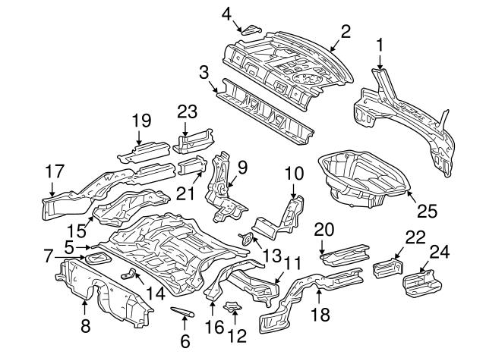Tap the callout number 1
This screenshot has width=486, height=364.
coord(380,47)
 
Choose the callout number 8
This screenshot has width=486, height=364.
coord(84,326)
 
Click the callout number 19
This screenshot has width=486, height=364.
coord(140,120)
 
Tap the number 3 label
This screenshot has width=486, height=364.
coord(204,72)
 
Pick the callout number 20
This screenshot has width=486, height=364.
coord(324,229)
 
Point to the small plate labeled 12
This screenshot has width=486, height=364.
coord(233,308)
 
